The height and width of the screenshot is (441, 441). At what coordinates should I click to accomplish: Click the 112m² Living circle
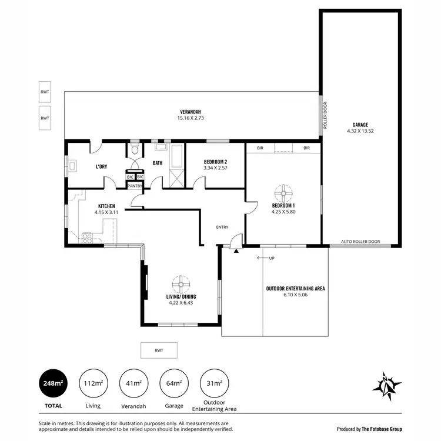93,383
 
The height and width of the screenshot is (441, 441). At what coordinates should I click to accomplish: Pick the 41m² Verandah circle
133,383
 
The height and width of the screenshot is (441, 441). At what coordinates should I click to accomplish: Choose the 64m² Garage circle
175,383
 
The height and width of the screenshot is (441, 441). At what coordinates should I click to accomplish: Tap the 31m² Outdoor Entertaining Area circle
215,383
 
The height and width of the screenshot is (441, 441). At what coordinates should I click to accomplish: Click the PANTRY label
135,186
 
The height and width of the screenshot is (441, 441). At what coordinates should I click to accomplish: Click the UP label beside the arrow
271,258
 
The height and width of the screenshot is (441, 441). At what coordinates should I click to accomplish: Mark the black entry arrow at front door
236,250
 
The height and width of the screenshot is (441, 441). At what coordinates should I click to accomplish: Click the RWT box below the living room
159,350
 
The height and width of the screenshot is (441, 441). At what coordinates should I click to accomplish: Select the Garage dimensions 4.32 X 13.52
360,131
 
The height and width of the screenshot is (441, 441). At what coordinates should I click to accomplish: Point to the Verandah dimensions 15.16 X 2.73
191,118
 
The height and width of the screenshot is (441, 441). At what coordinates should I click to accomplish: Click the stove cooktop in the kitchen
86,238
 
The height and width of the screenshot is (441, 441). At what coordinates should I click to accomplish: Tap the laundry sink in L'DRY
72,166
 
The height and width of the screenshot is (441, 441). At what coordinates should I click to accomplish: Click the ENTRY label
222,228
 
